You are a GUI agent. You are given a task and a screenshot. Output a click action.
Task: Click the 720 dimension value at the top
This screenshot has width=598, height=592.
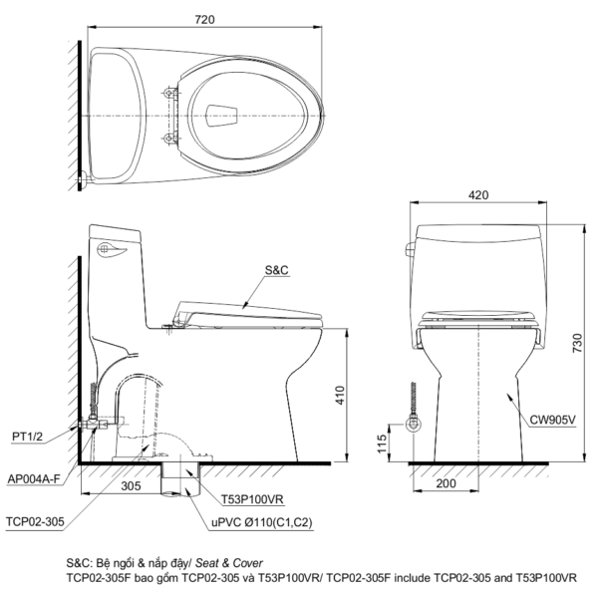(204, 20)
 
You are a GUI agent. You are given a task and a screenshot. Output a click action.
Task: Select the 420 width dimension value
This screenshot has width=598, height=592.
(478, 195)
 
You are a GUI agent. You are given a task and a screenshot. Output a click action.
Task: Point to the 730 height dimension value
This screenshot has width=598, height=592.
(577, 343)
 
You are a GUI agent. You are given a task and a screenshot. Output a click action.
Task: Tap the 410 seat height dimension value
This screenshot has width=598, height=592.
(340, 396)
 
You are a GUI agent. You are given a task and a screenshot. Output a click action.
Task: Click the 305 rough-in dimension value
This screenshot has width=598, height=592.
(131, 485)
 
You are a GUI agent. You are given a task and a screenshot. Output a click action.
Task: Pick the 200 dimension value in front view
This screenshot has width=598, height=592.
(446, 483)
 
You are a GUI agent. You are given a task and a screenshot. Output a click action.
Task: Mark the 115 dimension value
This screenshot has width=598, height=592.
(382, 444)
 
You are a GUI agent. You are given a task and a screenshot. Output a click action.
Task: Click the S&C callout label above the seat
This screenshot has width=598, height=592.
(277, 270)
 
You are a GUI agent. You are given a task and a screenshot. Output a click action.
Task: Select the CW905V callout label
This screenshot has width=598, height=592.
(552, 420)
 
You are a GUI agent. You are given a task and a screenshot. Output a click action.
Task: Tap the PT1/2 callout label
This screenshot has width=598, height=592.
(28, 436)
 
